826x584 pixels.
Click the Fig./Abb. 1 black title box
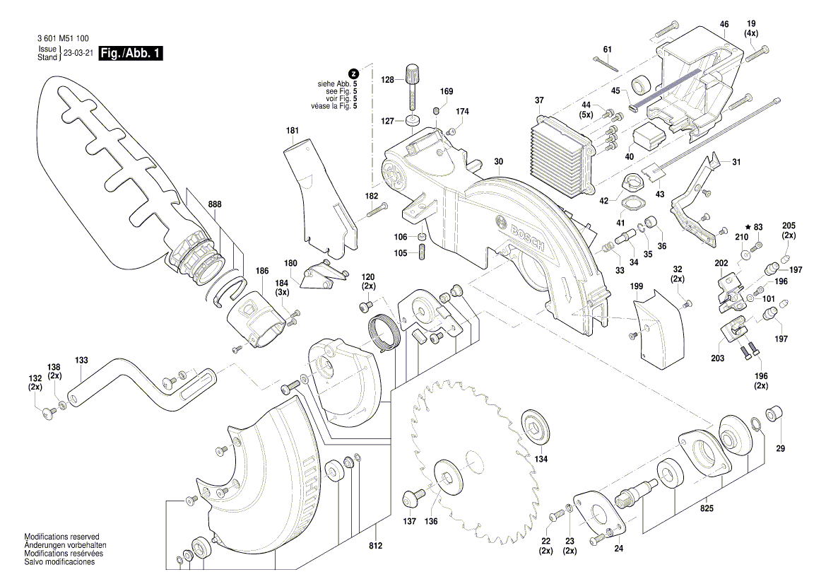[131, 54]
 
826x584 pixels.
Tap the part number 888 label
[215, 204]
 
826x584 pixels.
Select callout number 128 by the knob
[387, 81]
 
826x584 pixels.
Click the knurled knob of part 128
[413, 73]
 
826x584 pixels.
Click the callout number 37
[539, 100]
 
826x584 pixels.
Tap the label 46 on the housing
[724, 25]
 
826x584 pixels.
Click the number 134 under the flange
[541, 459]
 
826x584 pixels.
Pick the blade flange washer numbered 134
[535, 426]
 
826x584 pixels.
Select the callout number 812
[375, 546]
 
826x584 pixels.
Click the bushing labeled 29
[776, 411]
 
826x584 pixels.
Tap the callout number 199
[637, 287]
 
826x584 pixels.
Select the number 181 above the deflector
[292, 131]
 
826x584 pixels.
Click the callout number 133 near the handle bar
[81, 361]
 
